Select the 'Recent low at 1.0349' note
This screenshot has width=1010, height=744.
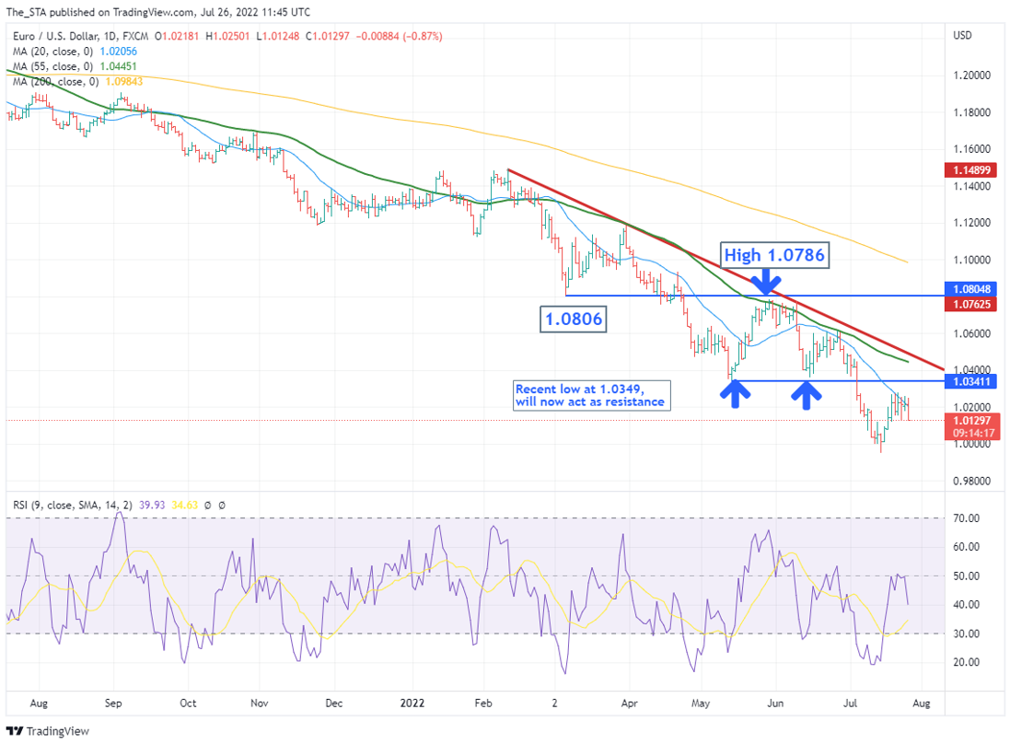click(589, 395)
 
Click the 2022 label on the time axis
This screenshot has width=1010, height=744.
click(412, 703)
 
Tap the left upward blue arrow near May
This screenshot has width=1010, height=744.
click(733, 394)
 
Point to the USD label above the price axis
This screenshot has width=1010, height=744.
click(963, 36)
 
